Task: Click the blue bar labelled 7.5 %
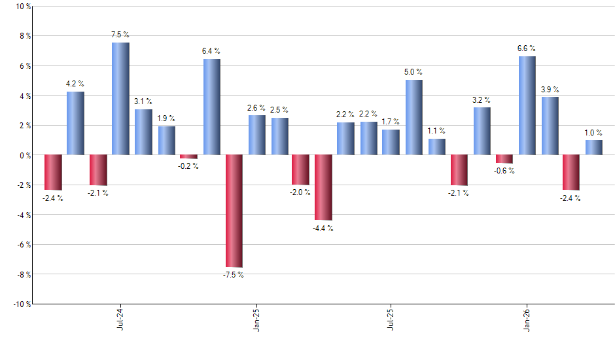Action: point(120,98)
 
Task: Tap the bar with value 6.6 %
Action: point(527,105)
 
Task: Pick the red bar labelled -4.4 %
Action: point(323,187)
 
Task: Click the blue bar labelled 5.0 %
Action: point(413,117)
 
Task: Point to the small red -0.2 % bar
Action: point(188,156)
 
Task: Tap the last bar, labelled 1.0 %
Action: point(594,147)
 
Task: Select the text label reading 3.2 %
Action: point(482,100)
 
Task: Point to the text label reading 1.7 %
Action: point(391,122)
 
